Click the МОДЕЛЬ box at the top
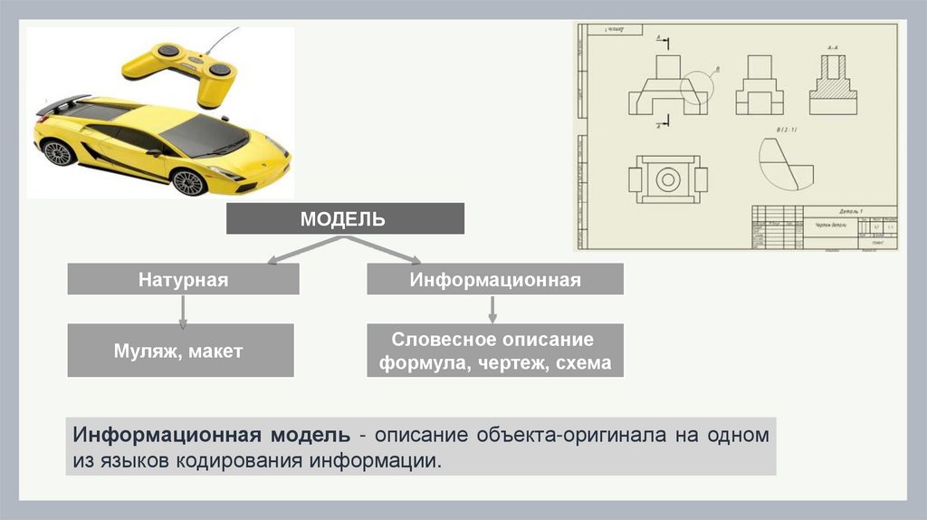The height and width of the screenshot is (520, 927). [344, 218]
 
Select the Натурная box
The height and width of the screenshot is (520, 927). [183, 279]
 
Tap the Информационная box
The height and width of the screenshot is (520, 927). [494, 279]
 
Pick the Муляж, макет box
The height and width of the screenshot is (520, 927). [179, 351]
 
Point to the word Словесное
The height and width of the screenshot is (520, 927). [444, 340]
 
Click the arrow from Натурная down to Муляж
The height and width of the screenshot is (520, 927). [183, 310]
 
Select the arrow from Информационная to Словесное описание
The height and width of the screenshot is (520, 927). [493, 310]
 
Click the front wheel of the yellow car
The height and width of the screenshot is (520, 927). [189, 182]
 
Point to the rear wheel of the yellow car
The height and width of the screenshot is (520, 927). [58, 152]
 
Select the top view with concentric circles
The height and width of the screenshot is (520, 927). [667, 178]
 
